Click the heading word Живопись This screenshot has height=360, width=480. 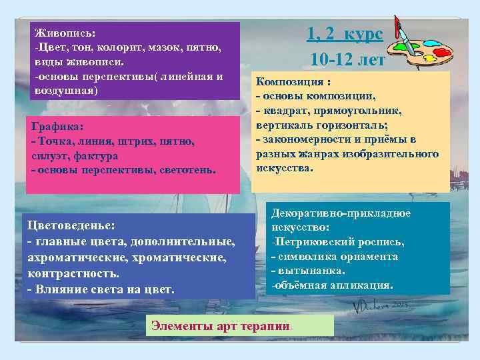point(65,33)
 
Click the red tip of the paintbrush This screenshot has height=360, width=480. point(397,27)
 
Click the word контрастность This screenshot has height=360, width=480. point(74,273)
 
